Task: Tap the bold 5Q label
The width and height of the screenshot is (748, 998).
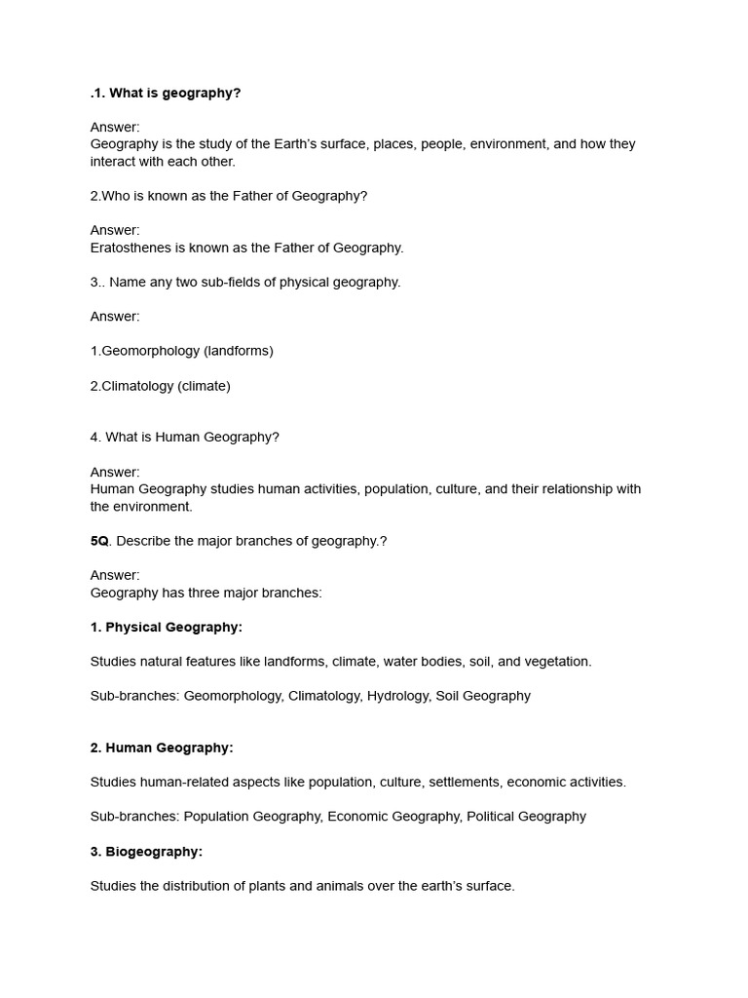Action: [x=99, y=541]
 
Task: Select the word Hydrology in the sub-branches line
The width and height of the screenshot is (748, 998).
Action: [x=397, y=696]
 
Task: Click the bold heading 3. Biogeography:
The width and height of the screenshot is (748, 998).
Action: [x=146, y=852]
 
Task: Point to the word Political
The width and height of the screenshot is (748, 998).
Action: [x=494, y=817]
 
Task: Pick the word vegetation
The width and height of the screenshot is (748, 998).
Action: [x=557, y=662]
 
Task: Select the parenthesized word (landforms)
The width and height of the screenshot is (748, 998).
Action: [x=239, y=351]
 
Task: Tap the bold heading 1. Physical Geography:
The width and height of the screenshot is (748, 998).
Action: [x=166, y=627]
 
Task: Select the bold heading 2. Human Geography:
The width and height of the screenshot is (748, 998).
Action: [x=162, y=748]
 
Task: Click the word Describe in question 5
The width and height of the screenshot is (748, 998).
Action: [x=143, y=541]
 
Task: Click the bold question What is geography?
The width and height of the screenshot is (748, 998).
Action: [x=174, y=93]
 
